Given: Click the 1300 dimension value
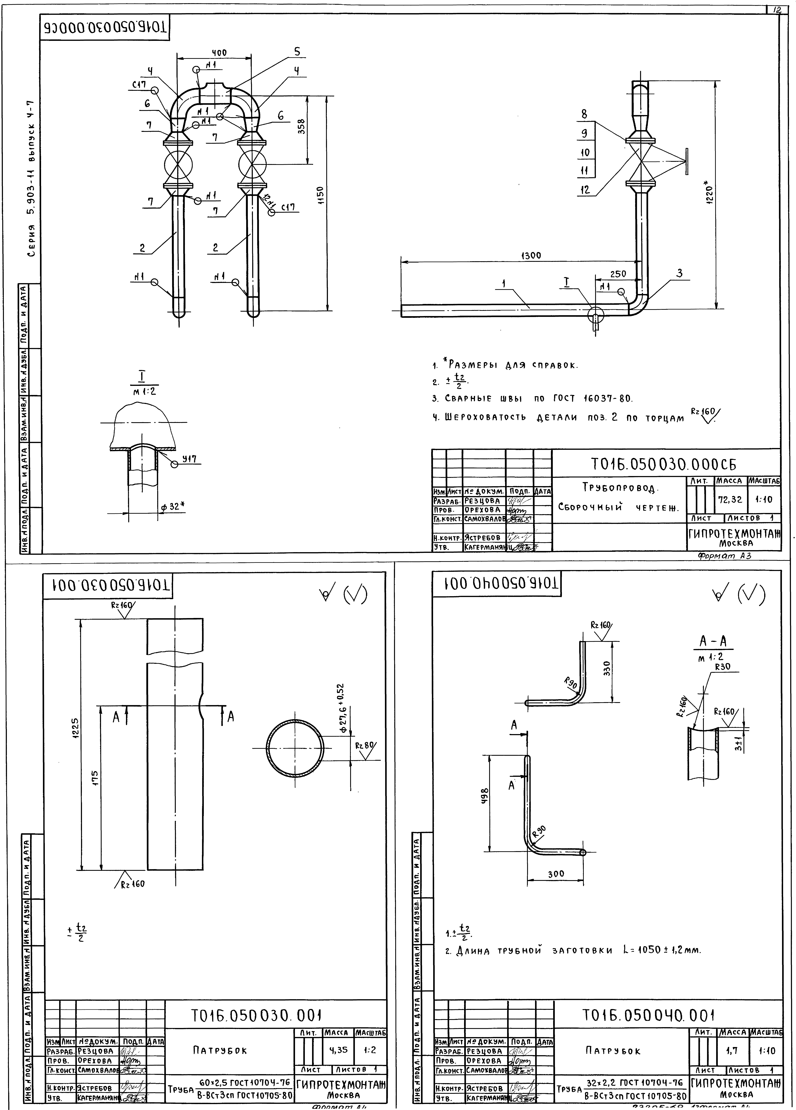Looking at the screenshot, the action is (x=531, y=255).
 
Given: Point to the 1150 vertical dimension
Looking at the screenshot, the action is (x=320, y=196).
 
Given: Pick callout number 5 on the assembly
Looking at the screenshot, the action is (x=296, y=52).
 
